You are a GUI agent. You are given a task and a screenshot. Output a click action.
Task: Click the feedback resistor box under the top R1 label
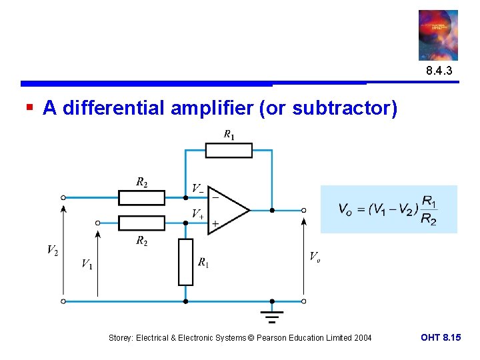point(228,150)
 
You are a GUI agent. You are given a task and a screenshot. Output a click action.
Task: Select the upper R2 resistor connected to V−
point(141,197)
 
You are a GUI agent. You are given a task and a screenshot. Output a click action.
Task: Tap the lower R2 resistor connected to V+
point(141,223)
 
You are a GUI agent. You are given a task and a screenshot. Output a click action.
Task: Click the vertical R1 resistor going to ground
point(185,262)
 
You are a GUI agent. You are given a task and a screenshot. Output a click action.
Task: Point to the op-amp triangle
point(227,211)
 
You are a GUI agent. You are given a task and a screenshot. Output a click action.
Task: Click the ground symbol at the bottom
point(271,315)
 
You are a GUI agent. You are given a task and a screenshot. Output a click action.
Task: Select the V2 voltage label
point(52,250)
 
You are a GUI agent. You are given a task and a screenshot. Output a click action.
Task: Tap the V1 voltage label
point(87,264)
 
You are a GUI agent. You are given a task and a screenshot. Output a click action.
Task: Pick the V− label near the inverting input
point(197,189)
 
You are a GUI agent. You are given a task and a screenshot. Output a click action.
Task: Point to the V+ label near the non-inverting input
point(198,214)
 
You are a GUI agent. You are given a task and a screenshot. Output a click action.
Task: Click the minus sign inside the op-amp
point(215,197)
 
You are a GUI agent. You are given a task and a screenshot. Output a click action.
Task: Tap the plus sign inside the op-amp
point(215,223)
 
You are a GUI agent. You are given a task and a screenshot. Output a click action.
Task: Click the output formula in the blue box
point(388,210)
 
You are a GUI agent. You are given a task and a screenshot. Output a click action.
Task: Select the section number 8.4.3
point(438,71)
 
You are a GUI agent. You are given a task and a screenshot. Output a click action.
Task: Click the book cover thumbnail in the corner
point(438,35)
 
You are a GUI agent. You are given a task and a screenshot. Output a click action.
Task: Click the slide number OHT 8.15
point(440,337)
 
